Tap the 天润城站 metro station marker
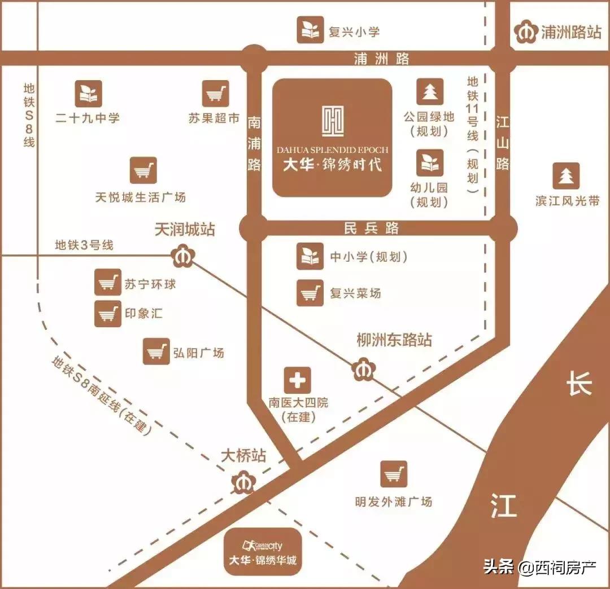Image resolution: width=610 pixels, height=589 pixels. coord(183,256)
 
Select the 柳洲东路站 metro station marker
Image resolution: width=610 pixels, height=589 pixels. coord(364,370)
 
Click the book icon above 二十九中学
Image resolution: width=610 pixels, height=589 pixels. coord(89,94)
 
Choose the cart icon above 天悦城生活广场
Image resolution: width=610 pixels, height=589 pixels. coord(143,170)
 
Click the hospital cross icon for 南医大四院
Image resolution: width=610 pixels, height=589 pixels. coord(298,381)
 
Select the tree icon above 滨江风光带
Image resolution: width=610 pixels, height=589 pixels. coord(566,176)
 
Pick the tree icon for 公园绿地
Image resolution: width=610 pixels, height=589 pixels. coord(430,91)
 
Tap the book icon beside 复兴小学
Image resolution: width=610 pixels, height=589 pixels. coord(311,30)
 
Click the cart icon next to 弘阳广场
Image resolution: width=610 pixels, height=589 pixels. coord(156,351)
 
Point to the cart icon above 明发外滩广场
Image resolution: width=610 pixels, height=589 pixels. coord(394,474)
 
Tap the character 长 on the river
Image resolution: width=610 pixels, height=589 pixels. coord(579,385)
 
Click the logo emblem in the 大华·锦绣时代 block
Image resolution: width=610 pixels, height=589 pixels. coord(332,121)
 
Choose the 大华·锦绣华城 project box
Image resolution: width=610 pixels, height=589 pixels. coord(263,551)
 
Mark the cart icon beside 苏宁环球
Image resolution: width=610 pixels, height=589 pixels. coord(108,283)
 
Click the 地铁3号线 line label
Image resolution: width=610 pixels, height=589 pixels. coord(84,245)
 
